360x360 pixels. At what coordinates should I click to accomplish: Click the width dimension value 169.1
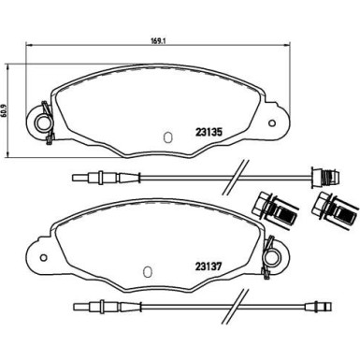[x=159, y=41]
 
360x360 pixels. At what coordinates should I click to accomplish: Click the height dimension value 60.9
[x=4, y=110]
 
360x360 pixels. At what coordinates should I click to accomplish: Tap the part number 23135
[x=209, y=133]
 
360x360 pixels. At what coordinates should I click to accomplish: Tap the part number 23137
[x=209, y=266]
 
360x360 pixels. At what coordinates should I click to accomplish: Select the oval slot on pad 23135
[x=167, y=137]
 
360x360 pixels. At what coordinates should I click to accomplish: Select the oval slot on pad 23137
[x=147, y=272]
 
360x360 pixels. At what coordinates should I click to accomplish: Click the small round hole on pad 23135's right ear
[x=272, y=123]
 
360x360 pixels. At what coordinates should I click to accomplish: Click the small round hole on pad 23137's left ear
[x=43, y=258]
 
